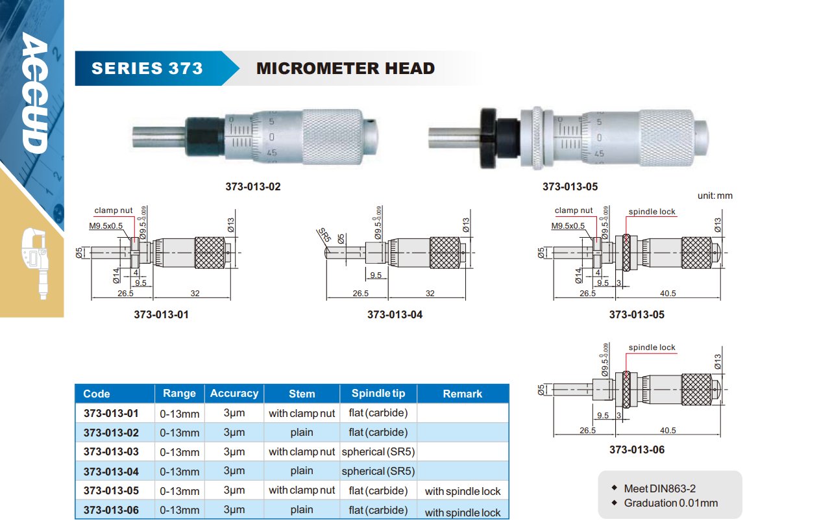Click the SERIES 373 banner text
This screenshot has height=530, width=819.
tap(147, 68)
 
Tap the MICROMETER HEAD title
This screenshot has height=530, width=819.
tap(345, 68)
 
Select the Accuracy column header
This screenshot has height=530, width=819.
tap(234, 393)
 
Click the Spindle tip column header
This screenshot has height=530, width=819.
tap(378, 393)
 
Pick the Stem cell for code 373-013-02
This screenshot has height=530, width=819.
tap(302, 433)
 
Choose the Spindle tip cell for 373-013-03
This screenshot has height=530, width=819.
tap(378, 451)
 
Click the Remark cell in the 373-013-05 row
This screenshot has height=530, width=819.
tap(463, 491)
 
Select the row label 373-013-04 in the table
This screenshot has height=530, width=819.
tap(111, 472)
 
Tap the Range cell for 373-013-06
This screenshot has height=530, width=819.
tap(179, 511)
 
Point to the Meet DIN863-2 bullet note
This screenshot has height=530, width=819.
tap(659, 488)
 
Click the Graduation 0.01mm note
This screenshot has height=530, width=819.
tap(670, 503)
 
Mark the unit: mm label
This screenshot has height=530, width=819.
tap(715, 196)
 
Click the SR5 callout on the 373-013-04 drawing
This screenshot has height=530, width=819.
tap(324, 235)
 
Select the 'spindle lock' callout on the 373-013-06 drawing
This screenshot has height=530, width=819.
tap(652, 347)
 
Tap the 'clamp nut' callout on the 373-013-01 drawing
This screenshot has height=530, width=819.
tap(114, 210)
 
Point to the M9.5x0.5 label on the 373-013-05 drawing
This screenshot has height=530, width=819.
tap(568, 226)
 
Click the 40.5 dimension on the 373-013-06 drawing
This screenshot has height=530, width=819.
tap(668, 430)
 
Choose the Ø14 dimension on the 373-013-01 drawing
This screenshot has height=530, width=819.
tap(116, 275)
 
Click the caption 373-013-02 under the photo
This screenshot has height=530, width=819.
tap(252, 186)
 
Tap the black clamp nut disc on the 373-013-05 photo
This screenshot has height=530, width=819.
tap(488, 138)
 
